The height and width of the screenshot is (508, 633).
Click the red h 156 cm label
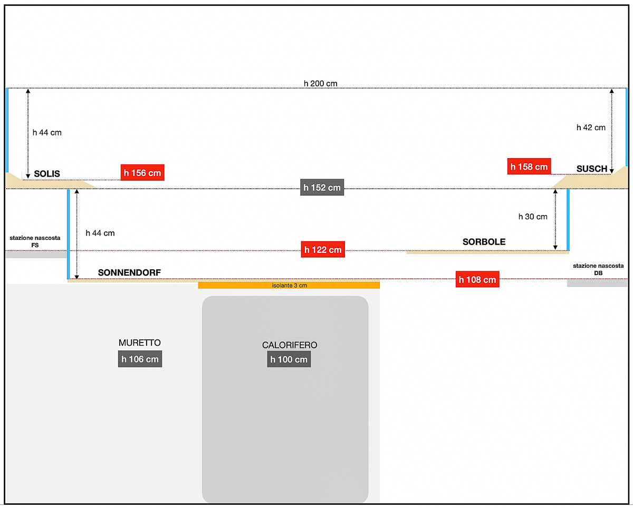tap(142, 173)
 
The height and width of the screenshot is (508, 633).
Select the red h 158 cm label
tap(529, 167)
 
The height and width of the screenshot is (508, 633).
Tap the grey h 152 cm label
tap(322, 187)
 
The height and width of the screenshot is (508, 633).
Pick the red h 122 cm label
tap(323, 249)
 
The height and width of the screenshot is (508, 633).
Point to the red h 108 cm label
tap(477, 279)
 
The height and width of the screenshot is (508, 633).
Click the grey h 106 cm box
tap(140, 359)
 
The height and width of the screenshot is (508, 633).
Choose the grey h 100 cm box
tap(289, 359)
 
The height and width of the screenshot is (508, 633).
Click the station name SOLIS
tap(47, 173)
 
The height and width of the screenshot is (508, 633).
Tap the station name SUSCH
tap(592, 169)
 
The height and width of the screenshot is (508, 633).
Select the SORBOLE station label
tap(484, 242)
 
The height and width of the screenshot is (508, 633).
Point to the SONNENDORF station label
tap(129, 272)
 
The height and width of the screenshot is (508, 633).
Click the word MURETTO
tap(139, 343)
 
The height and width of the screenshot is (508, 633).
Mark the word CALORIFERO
tap(290, 345)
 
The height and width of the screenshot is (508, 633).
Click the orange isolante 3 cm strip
tap(289, 285)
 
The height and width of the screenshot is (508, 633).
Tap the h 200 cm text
tap(320, 83)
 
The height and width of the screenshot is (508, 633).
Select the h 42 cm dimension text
tap(591, 128)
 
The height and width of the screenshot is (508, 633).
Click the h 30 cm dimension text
tap(533, 217)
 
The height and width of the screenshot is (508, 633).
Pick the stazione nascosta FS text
tap(35, 241)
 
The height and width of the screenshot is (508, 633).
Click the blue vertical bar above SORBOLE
tap(568, 220)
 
